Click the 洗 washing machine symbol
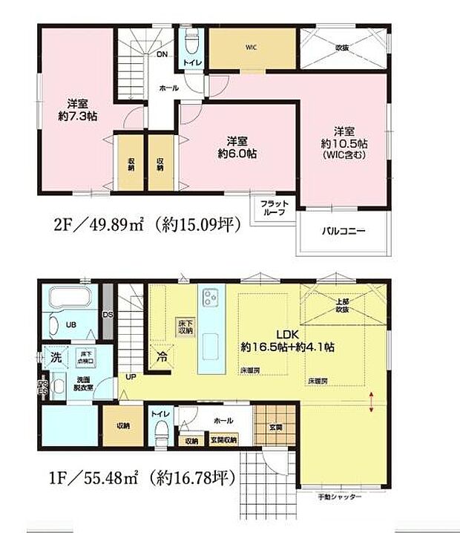(x=55, y=356)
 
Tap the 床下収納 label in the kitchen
(x=185, y=327)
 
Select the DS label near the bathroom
(x=108, y=314)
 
